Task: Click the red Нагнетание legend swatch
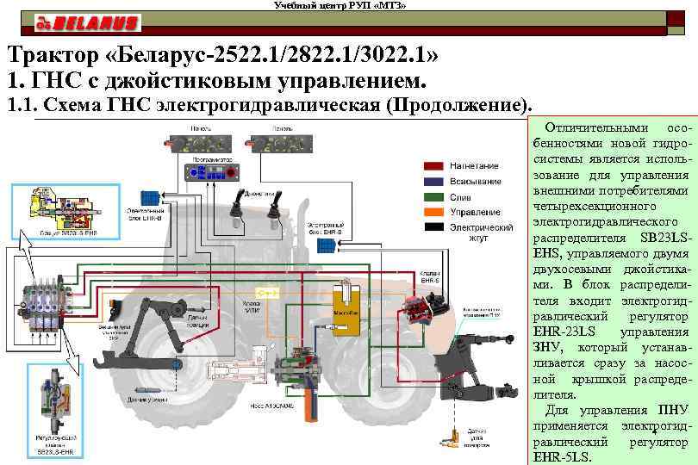[x=433, y=165]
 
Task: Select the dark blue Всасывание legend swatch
[x=433, y=181]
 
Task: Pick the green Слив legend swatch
[x=433, y=196]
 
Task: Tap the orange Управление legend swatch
[x=433, y=212]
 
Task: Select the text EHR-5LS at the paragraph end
[x=562, y=456]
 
